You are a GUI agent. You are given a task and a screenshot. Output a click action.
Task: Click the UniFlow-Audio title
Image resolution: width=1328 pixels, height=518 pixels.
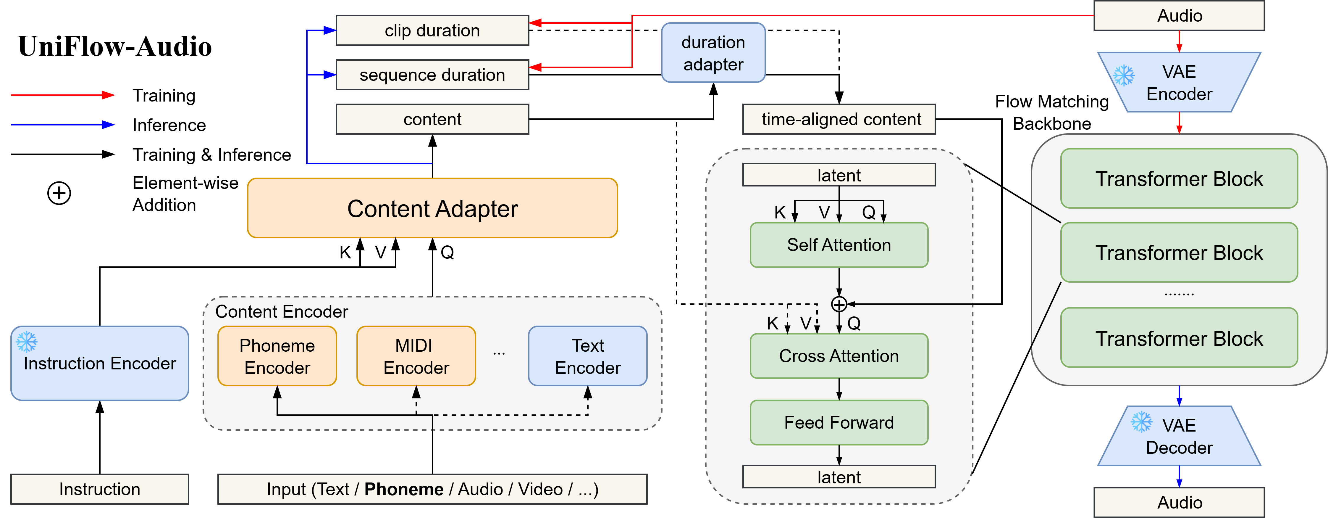coord(114,46)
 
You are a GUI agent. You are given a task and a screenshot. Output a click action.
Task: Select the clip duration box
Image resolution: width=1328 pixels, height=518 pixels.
coord(432,30)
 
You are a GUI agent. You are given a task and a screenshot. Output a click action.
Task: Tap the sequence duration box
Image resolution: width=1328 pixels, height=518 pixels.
coord(432,75)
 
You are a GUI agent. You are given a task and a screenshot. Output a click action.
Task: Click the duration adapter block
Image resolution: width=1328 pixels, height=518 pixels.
coord(713,53)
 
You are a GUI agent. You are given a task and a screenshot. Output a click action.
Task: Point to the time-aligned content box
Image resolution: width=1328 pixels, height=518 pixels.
coord(839,119)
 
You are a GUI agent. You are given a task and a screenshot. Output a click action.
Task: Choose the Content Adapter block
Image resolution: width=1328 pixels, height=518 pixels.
coord(432,208)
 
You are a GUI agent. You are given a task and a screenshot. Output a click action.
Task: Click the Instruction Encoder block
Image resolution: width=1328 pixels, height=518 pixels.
coord(99,363)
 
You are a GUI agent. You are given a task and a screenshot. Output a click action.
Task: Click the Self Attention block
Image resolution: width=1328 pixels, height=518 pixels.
coord(839,245)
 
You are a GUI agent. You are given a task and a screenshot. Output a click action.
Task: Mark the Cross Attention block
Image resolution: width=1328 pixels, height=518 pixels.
coord(839,356)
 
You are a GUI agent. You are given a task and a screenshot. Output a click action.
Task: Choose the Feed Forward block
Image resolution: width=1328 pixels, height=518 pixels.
coord(839,423)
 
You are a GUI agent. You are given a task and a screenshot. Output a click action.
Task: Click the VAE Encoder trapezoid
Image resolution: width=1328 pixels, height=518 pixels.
coord(1179,83)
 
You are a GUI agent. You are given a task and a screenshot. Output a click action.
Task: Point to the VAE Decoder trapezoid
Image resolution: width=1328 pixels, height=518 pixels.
coord(1179,436)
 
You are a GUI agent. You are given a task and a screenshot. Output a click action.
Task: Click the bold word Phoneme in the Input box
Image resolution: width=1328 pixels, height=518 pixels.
coord(404,489)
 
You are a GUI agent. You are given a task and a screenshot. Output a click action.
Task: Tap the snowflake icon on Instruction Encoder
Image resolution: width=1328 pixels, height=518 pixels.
coord(27,342)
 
